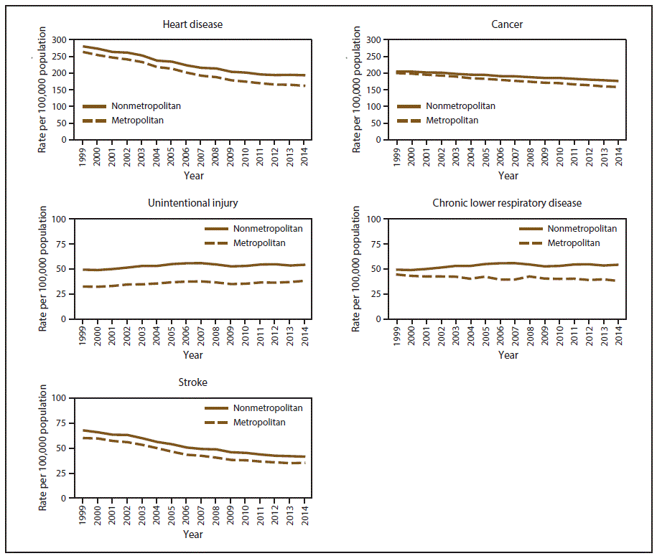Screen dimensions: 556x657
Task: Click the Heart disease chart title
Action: tap(192, 24)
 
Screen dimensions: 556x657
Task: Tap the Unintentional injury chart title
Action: tap(192, 203)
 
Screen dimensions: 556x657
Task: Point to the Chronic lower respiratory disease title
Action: tap(507, 203)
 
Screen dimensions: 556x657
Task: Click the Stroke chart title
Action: tap(192, 382)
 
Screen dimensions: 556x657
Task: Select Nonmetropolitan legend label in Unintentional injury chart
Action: tap(268, 229)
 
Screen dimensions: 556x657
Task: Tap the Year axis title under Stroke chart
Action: tap(192, 534)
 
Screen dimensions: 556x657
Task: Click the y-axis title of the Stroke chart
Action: tap(43, 446)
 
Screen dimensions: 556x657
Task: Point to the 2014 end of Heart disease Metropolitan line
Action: tap(304, 86)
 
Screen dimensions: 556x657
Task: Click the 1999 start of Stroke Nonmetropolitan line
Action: tap(83, 430)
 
